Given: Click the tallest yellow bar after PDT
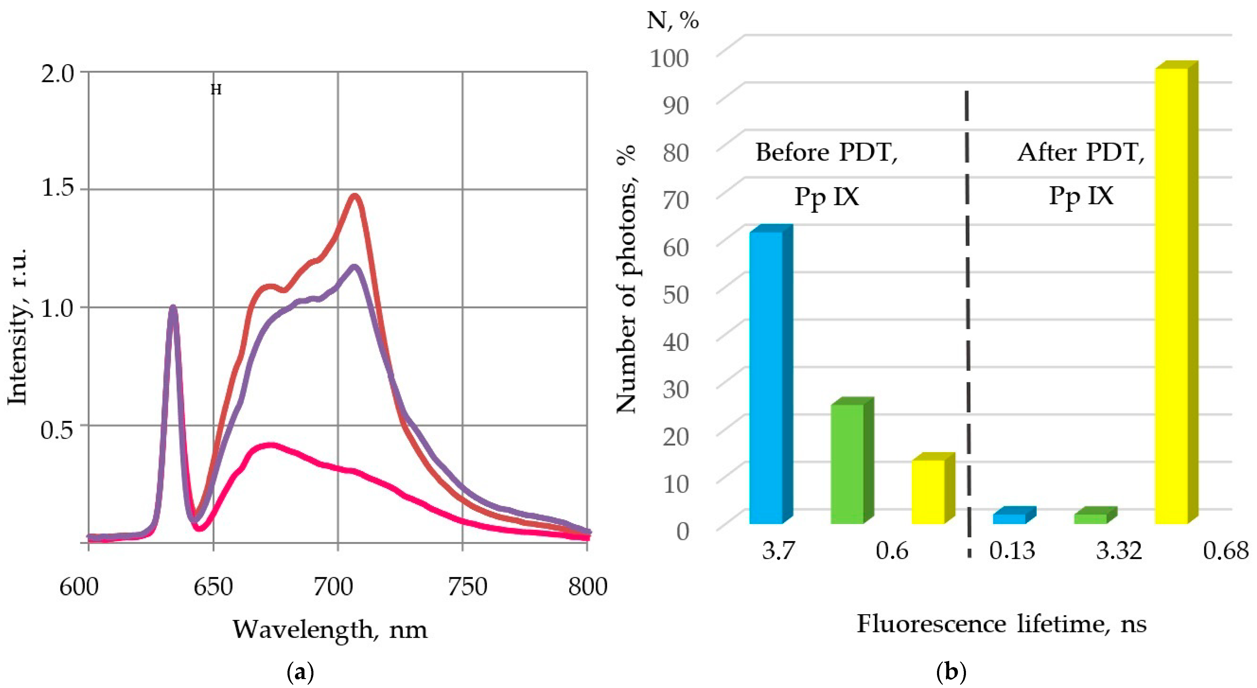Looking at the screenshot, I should tap(1171, 293).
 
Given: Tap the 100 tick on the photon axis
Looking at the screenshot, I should tap(676, 58).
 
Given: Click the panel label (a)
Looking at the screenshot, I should tap(300, 673).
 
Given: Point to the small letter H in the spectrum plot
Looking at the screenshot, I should tap(216, 90).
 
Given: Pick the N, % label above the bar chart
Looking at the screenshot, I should tap(673, 21).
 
